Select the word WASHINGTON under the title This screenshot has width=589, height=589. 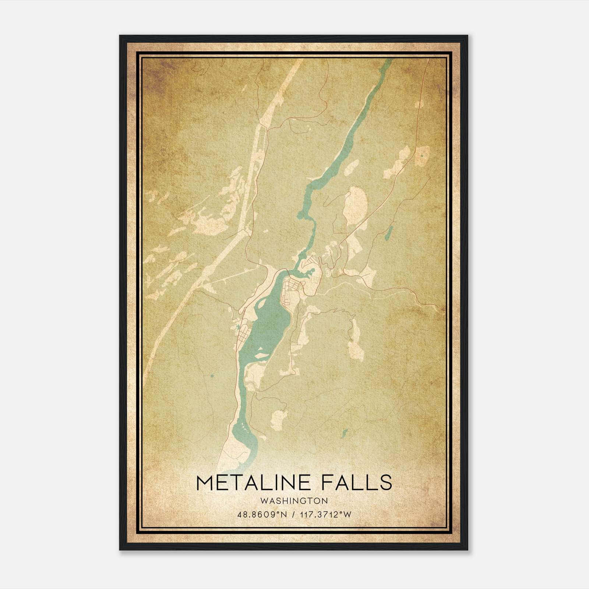point(294,501)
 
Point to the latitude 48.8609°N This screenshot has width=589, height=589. point(262,514)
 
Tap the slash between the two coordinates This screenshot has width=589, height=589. point(293,514)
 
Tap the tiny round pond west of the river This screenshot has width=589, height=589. point(212,376)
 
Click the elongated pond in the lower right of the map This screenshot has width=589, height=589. point(345,433)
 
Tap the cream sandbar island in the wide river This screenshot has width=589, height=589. point(262,356)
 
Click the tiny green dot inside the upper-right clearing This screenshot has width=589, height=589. point(421,156)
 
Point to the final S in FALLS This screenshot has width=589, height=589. point(386,483)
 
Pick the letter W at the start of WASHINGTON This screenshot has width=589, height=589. point(264,501)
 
